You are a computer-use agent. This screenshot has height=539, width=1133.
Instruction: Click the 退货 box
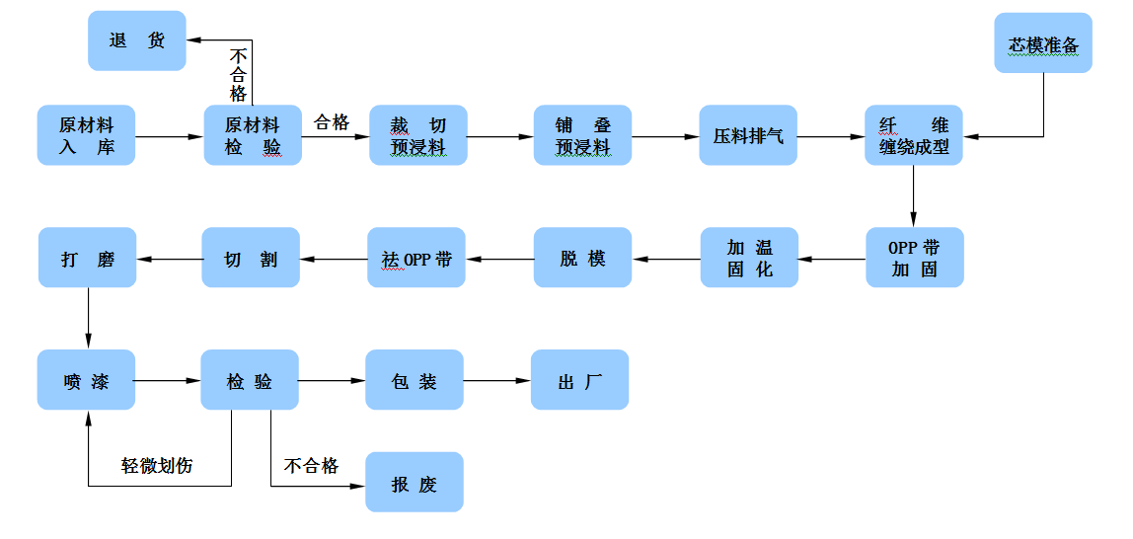tap(137, 40)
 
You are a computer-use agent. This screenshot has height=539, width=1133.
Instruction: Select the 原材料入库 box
tap(86, 135)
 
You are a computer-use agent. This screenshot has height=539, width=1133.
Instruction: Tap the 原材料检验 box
tap(253, 135)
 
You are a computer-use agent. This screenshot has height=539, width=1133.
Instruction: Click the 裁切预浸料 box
tap(417, 135)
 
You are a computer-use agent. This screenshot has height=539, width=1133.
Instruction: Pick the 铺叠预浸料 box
tap(582, 135)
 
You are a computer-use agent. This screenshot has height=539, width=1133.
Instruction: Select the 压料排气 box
tap(748, 135)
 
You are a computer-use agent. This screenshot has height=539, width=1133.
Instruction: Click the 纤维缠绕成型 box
tap(914, 135)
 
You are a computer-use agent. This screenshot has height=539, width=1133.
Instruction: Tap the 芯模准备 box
tap(1043, 43)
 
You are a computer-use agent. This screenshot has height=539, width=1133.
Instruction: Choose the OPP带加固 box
tap(914, 258)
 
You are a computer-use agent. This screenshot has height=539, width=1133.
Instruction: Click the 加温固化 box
tap(749, 258)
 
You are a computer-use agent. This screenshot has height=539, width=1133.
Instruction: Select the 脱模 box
tap(582, 258)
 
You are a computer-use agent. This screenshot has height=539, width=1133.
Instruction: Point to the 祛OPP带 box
tap(416, 259)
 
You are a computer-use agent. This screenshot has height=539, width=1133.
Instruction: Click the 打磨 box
tap(88, 259)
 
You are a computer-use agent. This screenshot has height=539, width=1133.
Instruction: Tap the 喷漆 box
tap(87, 380)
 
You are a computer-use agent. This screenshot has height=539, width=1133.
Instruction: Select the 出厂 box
tap(579, 380)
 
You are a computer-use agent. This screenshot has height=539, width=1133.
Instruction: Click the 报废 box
tap(415, 483)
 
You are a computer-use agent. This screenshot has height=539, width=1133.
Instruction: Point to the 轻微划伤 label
tap(157, 466)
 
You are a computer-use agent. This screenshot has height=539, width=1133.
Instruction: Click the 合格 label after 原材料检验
tap(332, 122)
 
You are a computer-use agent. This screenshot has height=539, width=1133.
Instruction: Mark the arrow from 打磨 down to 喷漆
tap(88, 318)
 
